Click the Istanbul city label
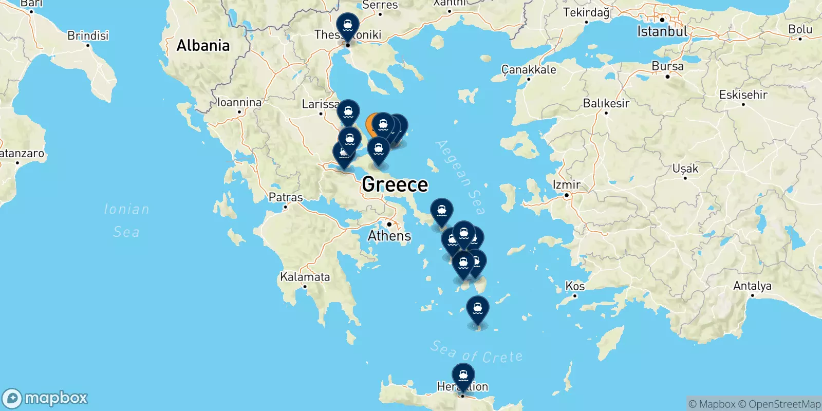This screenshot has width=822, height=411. point(662,31)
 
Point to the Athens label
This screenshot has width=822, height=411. point(389,236)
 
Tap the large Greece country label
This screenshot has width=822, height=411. point(395,184)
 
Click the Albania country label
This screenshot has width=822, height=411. point(203,46)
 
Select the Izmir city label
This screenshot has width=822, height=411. point(566,184)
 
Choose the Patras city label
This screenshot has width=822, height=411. point(286,197)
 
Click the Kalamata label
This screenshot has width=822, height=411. point(305,277)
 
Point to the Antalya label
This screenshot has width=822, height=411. point(752,286)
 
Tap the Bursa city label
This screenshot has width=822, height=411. point(667,66)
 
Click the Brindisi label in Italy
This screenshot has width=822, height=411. point(88,35)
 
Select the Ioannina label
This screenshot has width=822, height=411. point(239,102)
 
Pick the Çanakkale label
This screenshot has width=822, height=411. point(529,69)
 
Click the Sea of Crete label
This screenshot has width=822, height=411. point(476,352)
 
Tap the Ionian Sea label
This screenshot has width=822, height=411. point(126,220)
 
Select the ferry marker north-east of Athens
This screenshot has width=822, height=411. point(441,211)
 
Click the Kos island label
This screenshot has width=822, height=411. point(575,286)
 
